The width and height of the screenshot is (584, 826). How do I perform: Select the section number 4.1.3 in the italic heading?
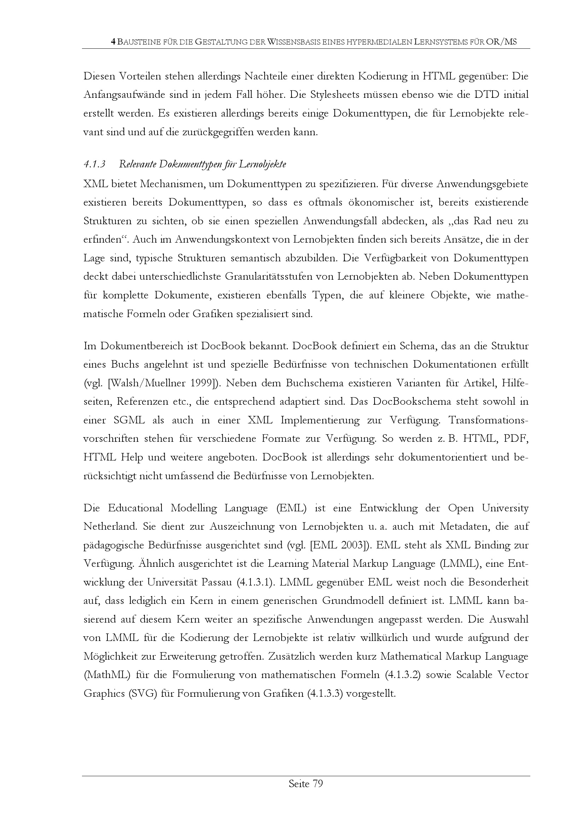tap(94, 165)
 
